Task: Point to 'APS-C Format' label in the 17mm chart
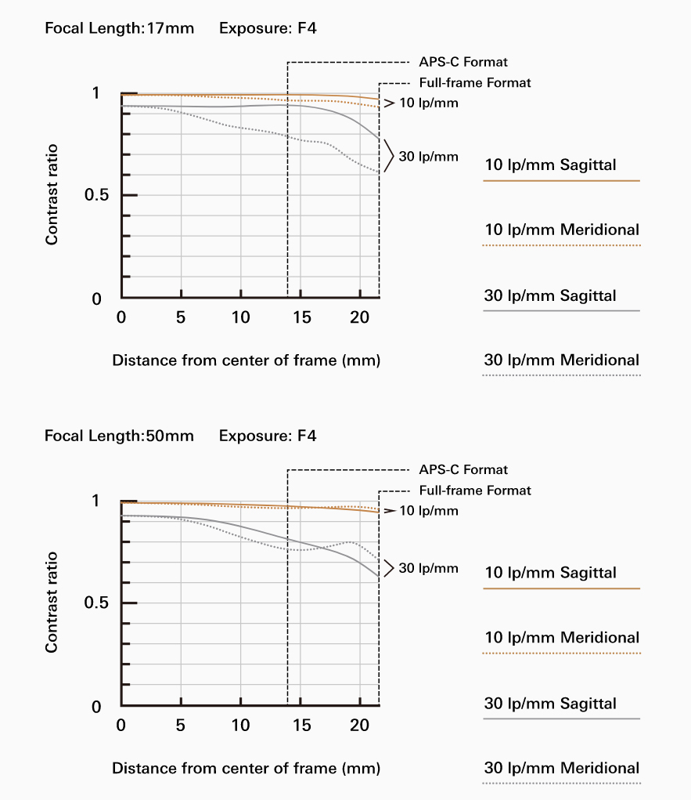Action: coord(463,61)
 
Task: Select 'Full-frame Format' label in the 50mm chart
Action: coord(475,490)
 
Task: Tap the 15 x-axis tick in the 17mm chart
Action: coord(301,317)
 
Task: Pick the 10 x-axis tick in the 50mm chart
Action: coord(241,725)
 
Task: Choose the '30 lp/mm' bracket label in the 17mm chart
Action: coord(428,157)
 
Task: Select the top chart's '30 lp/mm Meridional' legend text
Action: coord(561,360)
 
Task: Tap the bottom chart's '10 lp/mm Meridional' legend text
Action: coord(561,638)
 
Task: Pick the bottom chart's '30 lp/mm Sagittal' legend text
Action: coord(550,704)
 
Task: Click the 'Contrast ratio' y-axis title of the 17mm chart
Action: coord(52,194)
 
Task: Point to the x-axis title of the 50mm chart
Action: coord(246,768)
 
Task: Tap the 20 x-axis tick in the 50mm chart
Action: coord(360,725)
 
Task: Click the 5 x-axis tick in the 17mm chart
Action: coord(181,317)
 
